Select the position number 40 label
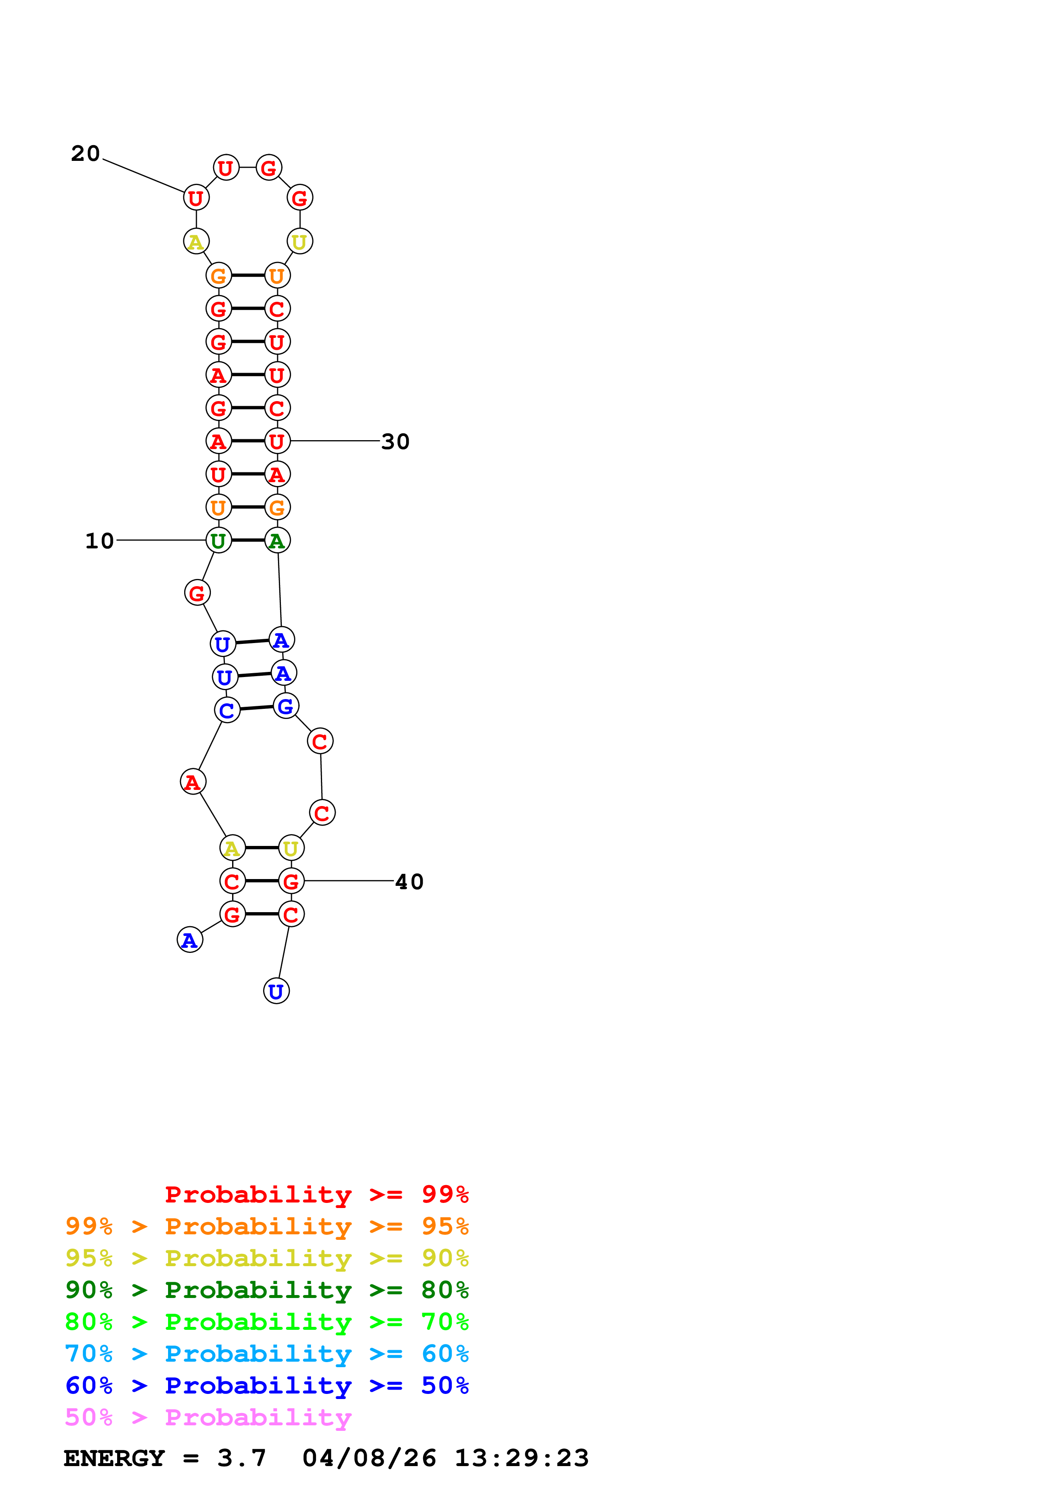click(x=409, y=881)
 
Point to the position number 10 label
click(x=99, y=541)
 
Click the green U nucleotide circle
click(x=219, y=540)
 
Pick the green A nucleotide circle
click(x=278, y=540)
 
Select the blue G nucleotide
click(x=285, y=706)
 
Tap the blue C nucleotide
click(x=227, y=710)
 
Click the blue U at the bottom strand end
click(x=276, y=991)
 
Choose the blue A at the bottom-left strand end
click(x=190, y=940)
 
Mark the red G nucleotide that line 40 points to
click(x=291, y=881)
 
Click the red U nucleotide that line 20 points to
click(x=196, y=198)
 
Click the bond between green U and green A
click(x=247, y=540)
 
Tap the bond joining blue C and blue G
click(x=256, y=708)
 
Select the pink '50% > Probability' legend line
click(x=208, y=1418)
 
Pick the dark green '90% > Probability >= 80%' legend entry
click(x=267, y=1290)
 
